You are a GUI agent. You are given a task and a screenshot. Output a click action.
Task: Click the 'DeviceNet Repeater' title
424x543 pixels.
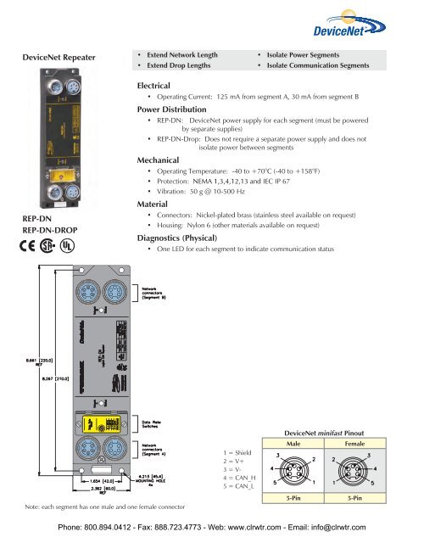pyautogui.click(x=55, y=58)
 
